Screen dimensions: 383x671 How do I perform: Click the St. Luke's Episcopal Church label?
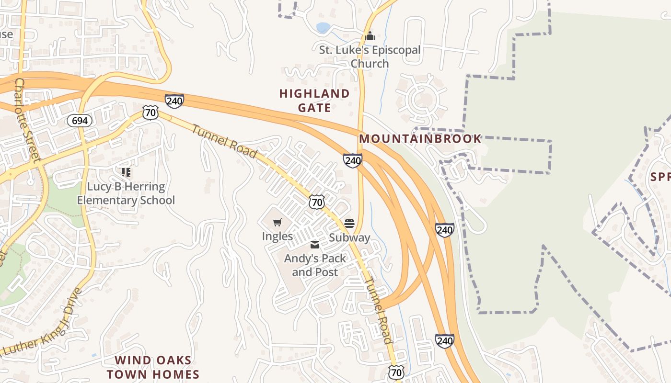click(370, 56)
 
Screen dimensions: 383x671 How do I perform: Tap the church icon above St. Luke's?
click(370, 36)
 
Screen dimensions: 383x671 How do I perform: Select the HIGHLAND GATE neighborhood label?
click(314, 101)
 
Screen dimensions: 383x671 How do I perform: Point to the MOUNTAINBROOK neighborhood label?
click(420, 139)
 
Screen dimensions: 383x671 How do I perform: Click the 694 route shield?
click(79, 121)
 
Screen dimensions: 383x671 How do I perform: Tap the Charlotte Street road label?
click(28, 120)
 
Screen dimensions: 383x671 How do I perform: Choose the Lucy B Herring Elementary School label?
click(126, 193)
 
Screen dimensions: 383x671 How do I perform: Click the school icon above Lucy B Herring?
click(126, 172)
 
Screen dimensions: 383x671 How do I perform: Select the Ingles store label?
click(277, 236)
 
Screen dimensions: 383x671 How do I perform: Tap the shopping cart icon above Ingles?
click(278, 222)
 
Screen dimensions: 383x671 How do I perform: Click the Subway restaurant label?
click(349, 237)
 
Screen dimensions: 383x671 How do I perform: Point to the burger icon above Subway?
click(349, 224)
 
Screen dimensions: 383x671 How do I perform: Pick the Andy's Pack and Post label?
click(315, 265)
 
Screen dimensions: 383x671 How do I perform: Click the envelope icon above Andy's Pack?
click(315, 245)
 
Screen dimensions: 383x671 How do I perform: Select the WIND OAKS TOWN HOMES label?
click(153, 367)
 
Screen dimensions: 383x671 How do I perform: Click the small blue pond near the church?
click(323, 28)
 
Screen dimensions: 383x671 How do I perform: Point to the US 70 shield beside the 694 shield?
click(150, 113)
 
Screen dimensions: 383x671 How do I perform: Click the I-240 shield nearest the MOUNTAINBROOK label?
click(352, 160)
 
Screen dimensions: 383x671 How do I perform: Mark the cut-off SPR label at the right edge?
click(660, 177)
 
